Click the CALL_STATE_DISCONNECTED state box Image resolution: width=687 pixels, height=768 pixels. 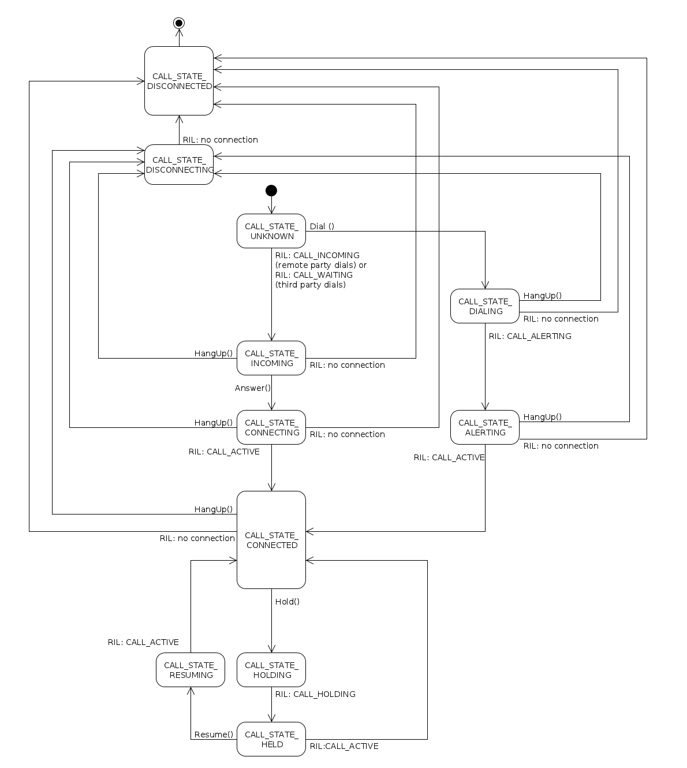(x=179, y=81)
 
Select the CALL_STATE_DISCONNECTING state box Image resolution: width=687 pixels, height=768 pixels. (x=179, y=165)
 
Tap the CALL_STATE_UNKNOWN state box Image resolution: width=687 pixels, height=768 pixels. (x=271, y=231)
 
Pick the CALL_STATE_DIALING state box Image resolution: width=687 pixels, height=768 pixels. (x=485, y=306)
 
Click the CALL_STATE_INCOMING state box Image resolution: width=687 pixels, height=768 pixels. (x=271, y=358)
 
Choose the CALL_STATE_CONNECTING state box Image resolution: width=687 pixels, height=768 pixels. (x=271, y=427)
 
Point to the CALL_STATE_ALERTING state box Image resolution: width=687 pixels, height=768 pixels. (x=485, y=427)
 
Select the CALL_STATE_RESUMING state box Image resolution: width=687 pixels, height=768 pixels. (x=191, y=670)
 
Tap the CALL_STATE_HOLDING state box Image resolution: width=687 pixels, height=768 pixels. (x=271, y=670)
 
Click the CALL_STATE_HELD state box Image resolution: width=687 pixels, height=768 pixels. (x=271, y=739)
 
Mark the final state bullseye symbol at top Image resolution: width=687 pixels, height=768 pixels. (x=179, y=23)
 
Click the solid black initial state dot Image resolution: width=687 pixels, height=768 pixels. (x=271, y=191)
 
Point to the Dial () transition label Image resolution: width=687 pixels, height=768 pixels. (x=322, y=226)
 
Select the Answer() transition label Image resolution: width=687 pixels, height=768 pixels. (x=253, y=388)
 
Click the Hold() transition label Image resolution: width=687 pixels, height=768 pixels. (x=288, y=602)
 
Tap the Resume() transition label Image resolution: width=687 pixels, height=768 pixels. (x=214, y=735)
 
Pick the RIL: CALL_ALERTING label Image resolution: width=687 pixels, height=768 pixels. (x=530, y=336)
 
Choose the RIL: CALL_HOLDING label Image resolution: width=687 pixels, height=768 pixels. (x=315, y=694)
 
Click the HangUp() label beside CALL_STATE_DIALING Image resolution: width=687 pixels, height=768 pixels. (x=543, y=296)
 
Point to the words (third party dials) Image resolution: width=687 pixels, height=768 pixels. (x=311, y=285)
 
